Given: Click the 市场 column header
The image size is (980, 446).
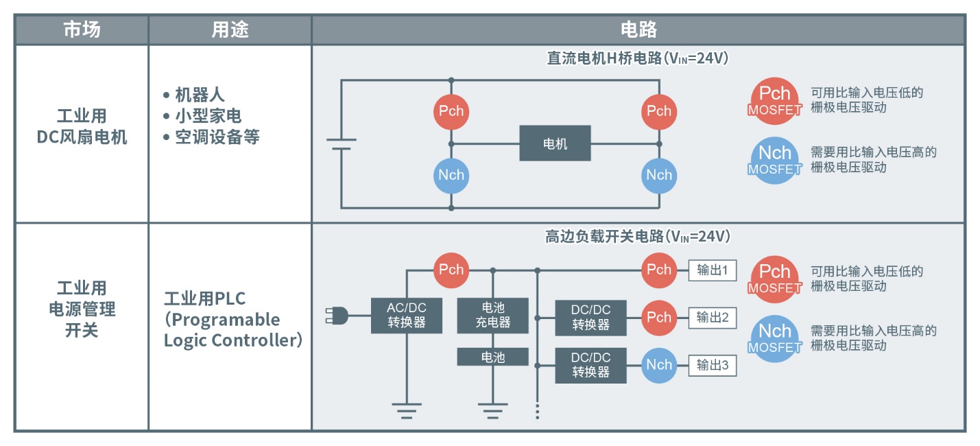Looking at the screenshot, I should (x=82, y=30).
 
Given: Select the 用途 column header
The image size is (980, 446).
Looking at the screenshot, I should (x=230, y=30).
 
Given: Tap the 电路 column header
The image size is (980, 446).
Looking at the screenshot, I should (x=638, y=30).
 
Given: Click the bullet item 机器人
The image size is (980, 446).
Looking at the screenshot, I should (x=200, y=95).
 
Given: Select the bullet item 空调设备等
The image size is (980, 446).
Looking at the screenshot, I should (x=217, y=137).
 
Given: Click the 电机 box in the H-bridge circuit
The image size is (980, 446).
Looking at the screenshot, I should (x=555, y=143).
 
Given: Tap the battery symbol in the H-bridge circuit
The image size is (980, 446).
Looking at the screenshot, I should (x=341, y=144).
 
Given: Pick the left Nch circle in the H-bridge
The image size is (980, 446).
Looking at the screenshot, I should (x=451, y=175).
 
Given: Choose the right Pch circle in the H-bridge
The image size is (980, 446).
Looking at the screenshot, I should (x=659, y=111).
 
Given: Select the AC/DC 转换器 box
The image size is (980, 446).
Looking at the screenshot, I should (x=407, y=316).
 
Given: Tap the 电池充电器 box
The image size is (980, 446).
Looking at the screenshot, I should (x=492, y=316).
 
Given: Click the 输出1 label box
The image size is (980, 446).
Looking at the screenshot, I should (x=712, y=270).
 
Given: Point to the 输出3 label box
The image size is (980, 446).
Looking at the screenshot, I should (x=712, y=365).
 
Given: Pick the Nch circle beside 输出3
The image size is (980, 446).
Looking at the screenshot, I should (x=659, y=365).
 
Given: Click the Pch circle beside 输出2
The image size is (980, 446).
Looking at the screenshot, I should (x=659, y=317).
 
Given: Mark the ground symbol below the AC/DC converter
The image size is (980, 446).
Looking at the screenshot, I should (x=407, y=410).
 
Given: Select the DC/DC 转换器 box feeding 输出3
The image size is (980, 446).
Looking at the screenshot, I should (x=591, y=365).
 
